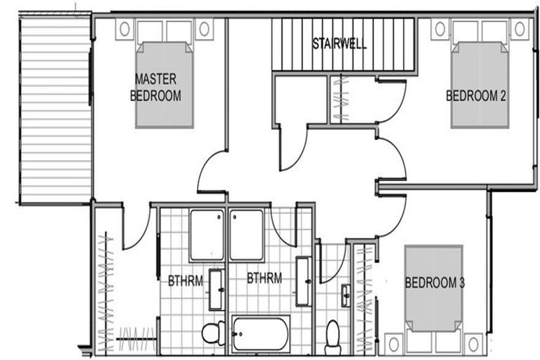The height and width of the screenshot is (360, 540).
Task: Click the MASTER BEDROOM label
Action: point(155,86)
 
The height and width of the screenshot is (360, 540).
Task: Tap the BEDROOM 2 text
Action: point(476,96)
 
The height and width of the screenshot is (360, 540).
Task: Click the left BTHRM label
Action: point(185,280)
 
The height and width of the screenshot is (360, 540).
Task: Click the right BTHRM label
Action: point(264,278)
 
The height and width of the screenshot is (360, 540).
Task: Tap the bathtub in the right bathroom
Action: point(260,333)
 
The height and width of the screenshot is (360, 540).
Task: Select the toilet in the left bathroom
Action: point(212,333)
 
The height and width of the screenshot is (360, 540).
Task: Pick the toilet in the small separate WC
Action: point(333,336)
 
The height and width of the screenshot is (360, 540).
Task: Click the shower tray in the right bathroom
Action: point(246,234)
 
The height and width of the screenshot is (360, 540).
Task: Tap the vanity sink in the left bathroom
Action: point(217,289)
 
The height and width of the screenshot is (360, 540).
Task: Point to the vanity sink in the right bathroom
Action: point(303,281)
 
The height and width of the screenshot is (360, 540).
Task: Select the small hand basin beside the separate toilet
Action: point(346,296)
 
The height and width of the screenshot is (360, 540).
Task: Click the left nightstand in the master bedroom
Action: point(124,29)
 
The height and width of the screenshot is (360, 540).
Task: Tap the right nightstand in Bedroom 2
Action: point(519,29)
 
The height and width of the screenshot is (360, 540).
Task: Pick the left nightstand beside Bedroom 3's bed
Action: point(394,343)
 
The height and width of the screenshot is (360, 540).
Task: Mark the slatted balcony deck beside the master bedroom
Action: point(55,108)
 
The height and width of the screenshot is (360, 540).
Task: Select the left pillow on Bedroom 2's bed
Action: point(465,32)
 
